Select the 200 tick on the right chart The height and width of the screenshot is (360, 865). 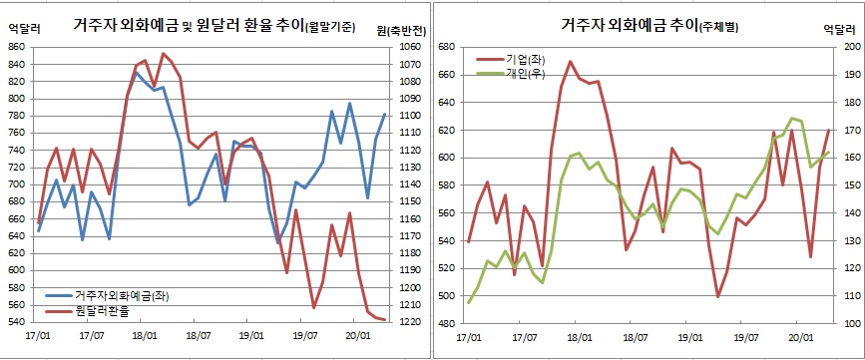[x=849, y=46]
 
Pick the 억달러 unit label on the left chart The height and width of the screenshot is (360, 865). [x=22, y=29]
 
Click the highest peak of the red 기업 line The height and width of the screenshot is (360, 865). [x=570, y=61]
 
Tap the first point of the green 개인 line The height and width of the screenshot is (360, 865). [x=469, y=301]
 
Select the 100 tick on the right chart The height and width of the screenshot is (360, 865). [x=849, y=324]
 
